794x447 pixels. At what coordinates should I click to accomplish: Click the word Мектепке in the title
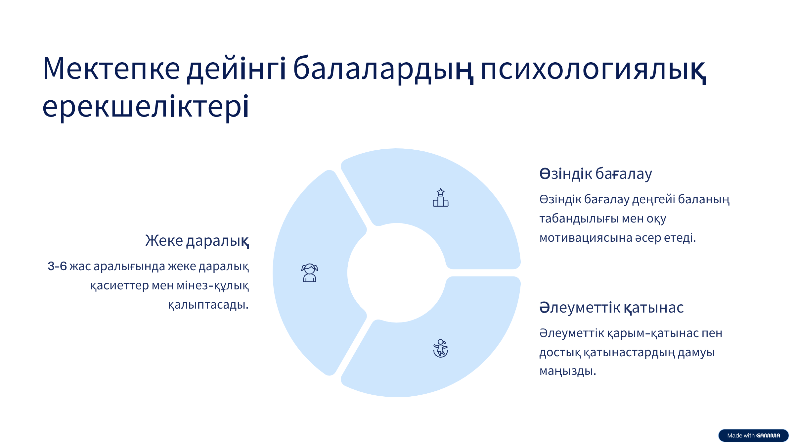click(x=111, y=69)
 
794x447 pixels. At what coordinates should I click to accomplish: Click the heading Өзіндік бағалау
click(x=595, y=174)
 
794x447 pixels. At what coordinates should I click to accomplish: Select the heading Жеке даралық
click(x=197, y=240)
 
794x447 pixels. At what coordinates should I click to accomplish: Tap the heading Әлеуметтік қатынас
click(x=611, y=308)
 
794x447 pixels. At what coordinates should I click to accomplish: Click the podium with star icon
click(x=441, y=198)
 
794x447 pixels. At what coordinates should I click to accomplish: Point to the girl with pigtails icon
click(x=310, y=273)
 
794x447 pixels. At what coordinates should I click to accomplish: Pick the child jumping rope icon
click(x=441, y=348)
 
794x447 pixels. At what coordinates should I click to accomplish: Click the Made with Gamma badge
click(x=753, y=435)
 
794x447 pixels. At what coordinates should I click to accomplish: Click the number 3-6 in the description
click(x=57, y=266)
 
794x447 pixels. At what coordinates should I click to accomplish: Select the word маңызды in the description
click(x=568, y=371)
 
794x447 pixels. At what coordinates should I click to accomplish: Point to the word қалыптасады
click(x=208, y=305)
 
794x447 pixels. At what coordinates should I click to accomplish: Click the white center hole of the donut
click(x=397, y=273)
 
